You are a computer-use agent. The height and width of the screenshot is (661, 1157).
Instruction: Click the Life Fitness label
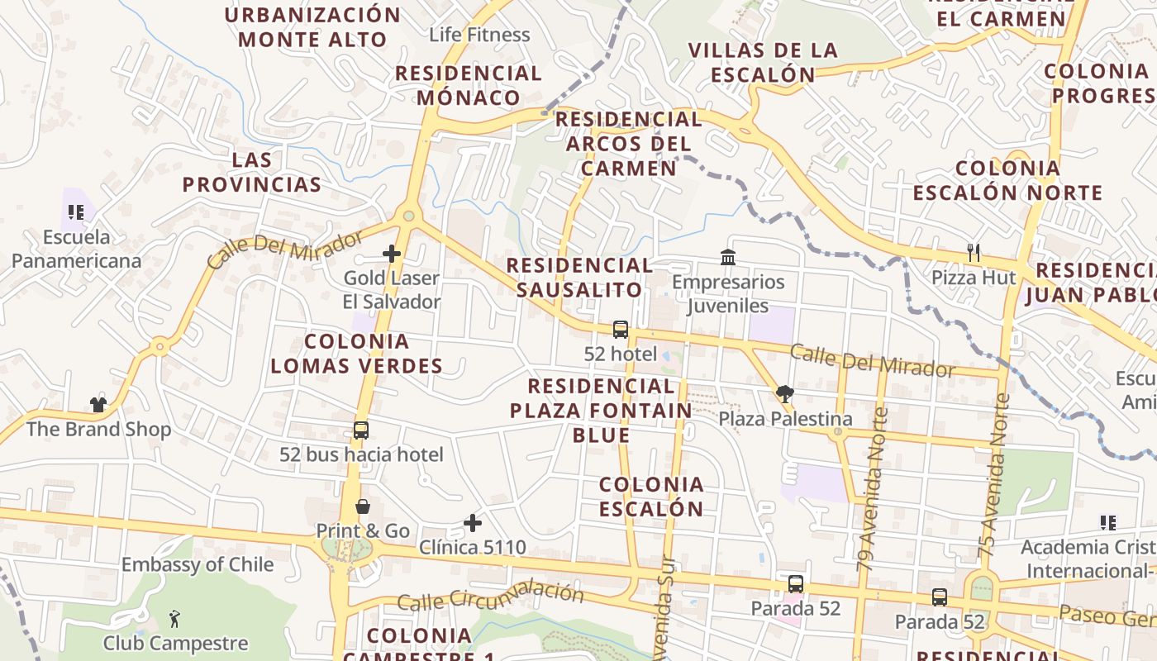pyautogui.click(x=479, y=35)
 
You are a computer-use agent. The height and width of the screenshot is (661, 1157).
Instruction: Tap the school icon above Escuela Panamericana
pyautogui.click(x=76, y=212)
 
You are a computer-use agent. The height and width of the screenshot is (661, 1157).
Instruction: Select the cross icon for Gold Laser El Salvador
pyautogui.click(x=392, y=254)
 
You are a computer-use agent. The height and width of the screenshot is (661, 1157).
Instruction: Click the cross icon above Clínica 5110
pyautogui.click(x=473, y=522)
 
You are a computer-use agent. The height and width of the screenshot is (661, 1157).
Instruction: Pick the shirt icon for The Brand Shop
pyautogui.click(x=98, y=404)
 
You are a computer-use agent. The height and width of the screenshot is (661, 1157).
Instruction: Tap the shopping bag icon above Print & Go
pyautogui.click(x=362, y=506)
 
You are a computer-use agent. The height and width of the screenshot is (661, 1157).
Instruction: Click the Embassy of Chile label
pyautogui.click(x=198, y=564)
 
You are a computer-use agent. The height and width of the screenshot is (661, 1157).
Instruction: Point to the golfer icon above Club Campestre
pyautogui.click(x=174, y=618)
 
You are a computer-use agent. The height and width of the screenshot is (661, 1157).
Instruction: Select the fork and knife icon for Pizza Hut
pyautogui.click(x=974, y=252)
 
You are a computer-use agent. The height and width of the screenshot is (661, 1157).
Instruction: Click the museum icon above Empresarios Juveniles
pyautogui.click(x=728, y=257)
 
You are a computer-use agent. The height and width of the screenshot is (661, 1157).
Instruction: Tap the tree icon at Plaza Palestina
pyautogui.click(x=784, y=393)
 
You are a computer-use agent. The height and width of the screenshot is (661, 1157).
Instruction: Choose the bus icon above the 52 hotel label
pyautogui.click(x=620, y=330)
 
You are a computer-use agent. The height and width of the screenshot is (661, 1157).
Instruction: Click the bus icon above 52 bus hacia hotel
pyautogui.click(x=361, y=430)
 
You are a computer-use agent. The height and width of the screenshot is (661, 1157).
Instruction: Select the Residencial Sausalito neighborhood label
pyautogui.click(x=579, y=278)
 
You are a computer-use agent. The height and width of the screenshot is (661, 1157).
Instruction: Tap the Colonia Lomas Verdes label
pyautogui.click(x=356, y=354)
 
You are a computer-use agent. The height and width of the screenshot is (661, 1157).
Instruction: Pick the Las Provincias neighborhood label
pyautogui.click(x=252, y=172)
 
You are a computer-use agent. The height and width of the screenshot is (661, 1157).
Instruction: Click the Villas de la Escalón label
pyautogui.click(x=763, y=62)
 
